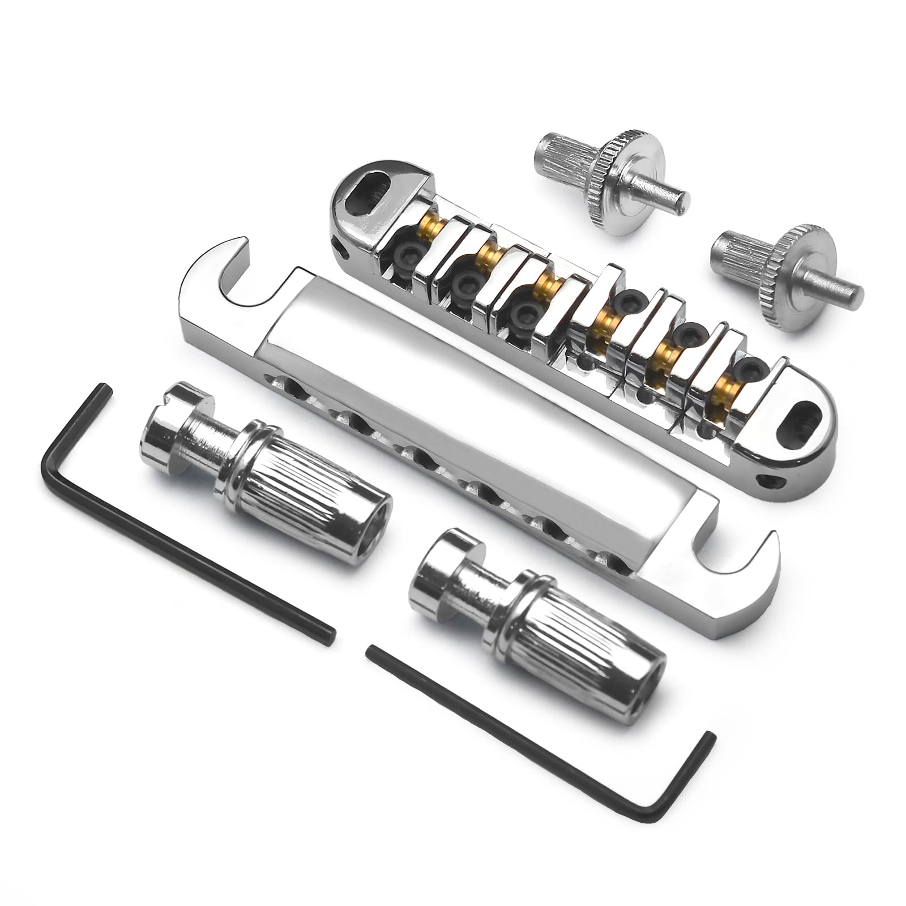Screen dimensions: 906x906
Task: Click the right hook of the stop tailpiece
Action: pos(736,569)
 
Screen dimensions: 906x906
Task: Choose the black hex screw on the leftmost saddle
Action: pos(408,255)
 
